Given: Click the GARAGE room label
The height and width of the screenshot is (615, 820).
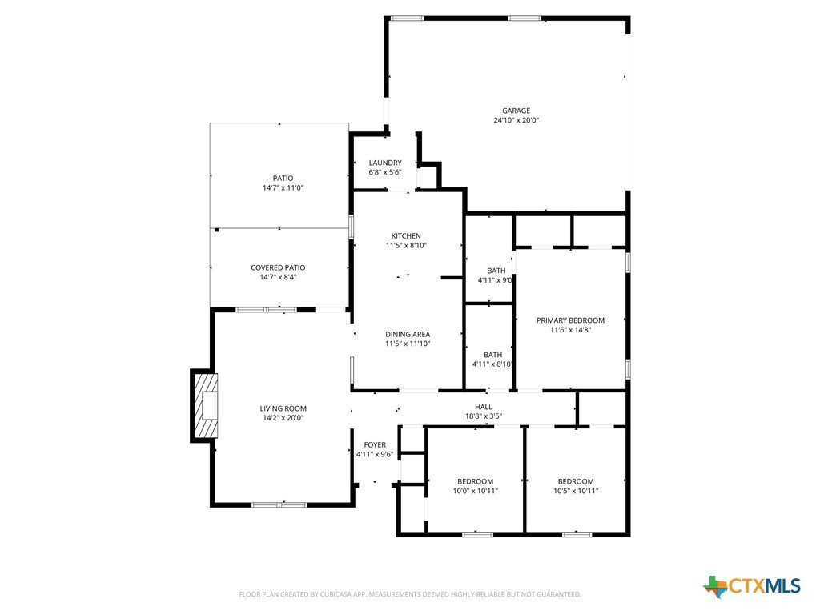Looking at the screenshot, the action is click(x=517, y=111).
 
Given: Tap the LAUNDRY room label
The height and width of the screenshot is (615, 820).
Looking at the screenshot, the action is click(x=385, y=163).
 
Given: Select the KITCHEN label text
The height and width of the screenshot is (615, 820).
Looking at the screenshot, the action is click(x=406, y=236).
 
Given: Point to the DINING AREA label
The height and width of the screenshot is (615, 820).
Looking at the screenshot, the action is click(x=408, y=334).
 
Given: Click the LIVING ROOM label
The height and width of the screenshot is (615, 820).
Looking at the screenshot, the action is click(x=283, y=408).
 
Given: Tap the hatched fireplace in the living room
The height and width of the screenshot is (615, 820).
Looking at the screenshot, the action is click(x=206, y=406).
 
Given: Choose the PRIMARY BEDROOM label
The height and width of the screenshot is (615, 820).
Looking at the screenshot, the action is click(x=570, y=320).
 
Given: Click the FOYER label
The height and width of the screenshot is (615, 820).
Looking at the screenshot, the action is click(x=375, y=444).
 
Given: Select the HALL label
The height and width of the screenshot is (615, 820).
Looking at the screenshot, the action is click(x=484, y=406).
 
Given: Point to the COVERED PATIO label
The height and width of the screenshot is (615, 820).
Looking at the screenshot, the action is click(x=278, y=267).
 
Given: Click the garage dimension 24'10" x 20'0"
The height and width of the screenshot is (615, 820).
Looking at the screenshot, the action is click(x=517, y=120).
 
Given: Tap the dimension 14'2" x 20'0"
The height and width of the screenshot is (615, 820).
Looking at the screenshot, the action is click(x=283, y=418).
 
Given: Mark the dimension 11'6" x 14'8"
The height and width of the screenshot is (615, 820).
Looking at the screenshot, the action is click(x=570, y=329).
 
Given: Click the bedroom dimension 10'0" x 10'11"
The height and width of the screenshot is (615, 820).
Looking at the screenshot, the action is click(x=476, y=491).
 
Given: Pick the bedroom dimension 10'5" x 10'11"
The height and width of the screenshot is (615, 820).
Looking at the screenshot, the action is click(x=576, y=491).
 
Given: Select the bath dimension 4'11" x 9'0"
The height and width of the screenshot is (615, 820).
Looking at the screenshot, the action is click(x=495, y=280).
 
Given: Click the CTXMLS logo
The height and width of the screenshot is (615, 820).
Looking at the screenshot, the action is click(x=753, y=586).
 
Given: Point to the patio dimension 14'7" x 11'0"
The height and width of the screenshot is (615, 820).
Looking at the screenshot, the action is click(x=283, y=187).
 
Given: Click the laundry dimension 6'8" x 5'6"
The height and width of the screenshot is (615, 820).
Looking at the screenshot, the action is click(x=385, y=172).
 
